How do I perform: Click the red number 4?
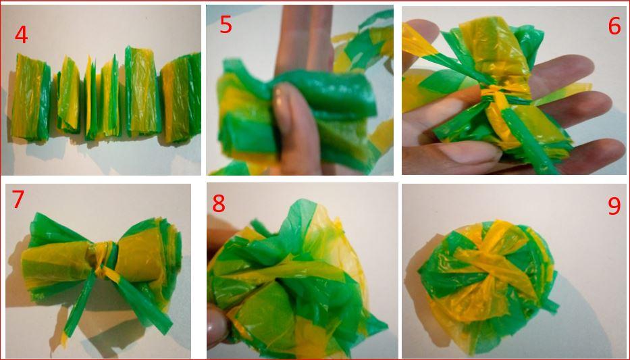click(22, 34)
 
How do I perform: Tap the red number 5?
click(226, 25)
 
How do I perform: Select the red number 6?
click(614, 26)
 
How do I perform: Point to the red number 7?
click(18, 199)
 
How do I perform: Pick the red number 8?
click(219, 203)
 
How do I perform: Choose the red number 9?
click(614, 206)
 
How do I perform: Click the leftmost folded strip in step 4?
click(30, 97)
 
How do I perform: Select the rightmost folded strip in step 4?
click(182, 99)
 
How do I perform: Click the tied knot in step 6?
click(495, 97)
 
